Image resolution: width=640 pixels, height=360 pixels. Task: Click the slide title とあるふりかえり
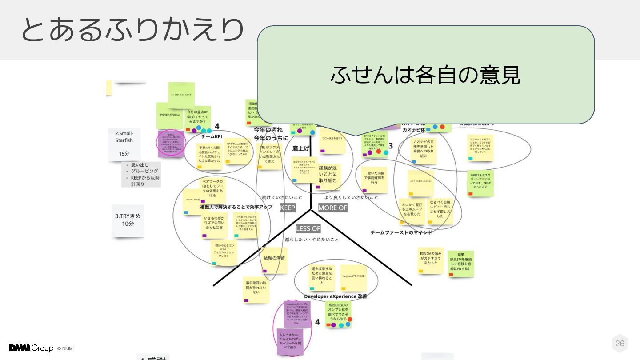click(x=132, y=30)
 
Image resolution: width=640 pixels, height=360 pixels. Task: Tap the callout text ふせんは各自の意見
click(x=425, y=75)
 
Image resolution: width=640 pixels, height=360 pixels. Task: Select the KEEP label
click(x=288, y=208)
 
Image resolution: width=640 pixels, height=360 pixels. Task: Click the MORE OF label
click(x=332, y=208)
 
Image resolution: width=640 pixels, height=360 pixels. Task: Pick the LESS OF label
click(x=308, y=228)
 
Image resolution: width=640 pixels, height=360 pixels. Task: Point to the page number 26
click(x=620, y=343)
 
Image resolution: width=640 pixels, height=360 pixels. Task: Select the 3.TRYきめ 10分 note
click(x=128, y=220)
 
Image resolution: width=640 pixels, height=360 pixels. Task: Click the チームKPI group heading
click(x=212, y=136)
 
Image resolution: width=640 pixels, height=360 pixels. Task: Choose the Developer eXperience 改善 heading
click(x=336, y=296)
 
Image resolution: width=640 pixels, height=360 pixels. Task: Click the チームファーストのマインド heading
click(x=401, y=232)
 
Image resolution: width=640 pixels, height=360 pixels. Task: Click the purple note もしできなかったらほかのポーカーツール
click(x=290, y=341)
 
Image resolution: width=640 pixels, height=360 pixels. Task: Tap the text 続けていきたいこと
click(x=282, y=197)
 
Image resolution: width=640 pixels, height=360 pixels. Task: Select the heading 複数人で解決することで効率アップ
click(x=236, y=207)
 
